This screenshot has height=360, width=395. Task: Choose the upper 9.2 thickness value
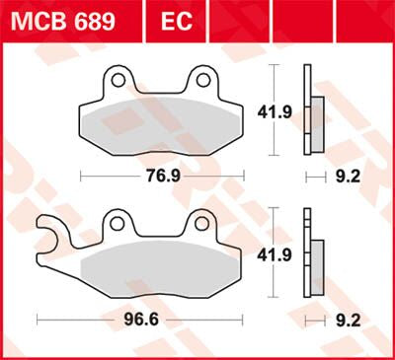pos(350,178)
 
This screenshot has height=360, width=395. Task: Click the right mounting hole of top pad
pos(202,78)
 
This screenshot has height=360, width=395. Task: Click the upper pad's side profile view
pos(312,111)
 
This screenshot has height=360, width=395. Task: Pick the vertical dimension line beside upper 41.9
pos(273,111)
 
